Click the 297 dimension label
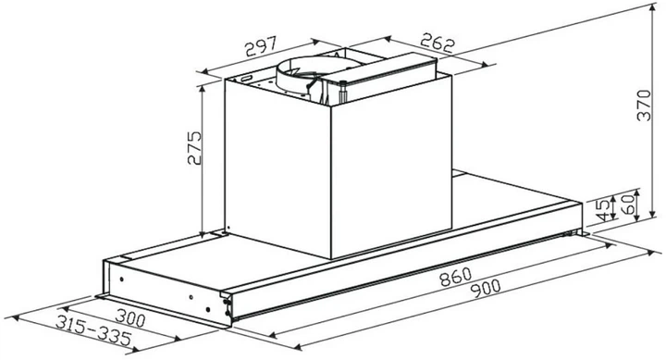261,46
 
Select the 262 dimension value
438,43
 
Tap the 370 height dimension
644,105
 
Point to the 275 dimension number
194,147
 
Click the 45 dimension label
604,209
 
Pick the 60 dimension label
627,204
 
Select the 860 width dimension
455,277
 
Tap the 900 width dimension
486,290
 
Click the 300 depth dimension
130,318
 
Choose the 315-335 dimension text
93,330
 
